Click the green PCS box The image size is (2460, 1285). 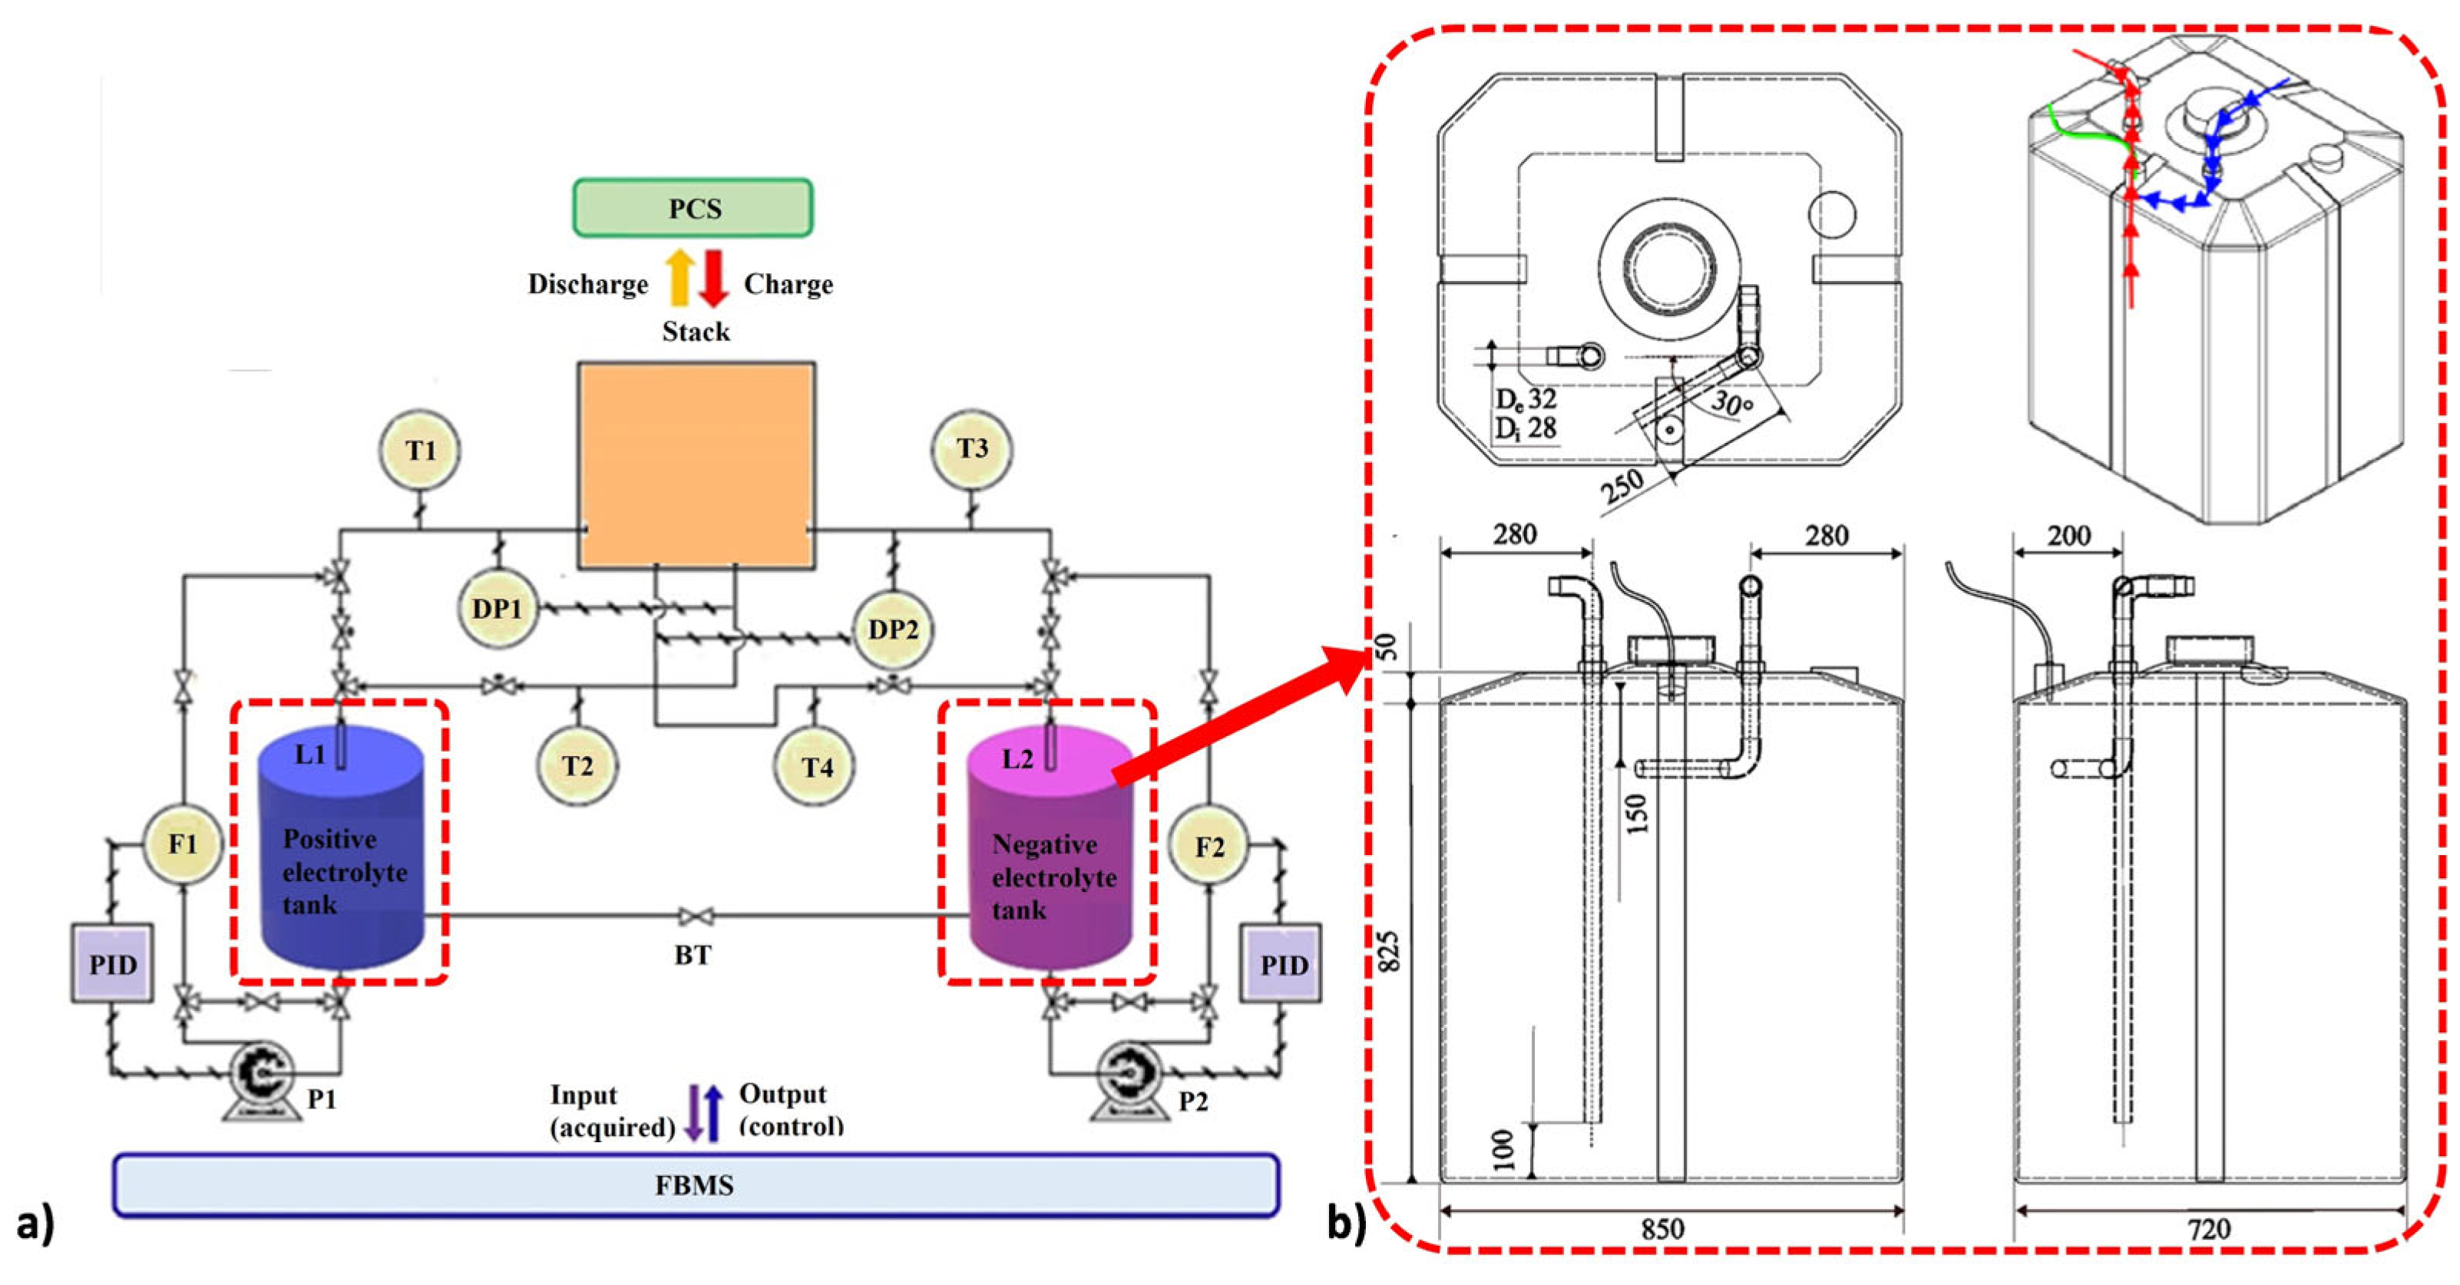click(693, 207)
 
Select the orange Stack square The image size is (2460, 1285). click(696, 465)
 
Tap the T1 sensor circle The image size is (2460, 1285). click(419, 450)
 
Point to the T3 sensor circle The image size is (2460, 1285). click(972, 449)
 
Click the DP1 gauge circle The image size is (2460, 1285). click(498, 608)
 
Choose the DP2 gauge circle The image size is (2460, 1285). click(893, 629)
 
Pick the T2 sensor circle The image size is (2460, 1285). click(577, 765)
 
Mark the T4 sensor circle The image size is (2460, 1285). click(815, 767)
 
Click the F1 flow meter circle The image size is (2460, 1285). click(183, 844)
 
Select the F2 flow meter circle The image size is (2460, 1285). click(1209, 846)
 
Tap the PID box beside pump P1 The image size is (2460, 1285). click(113, 963)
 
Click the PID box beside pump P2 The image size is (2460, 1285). click(1281, 963)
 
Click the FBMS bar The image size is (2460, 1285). click(695, 1184)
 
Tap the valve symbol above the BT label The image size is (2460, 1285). click(694, 917)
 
